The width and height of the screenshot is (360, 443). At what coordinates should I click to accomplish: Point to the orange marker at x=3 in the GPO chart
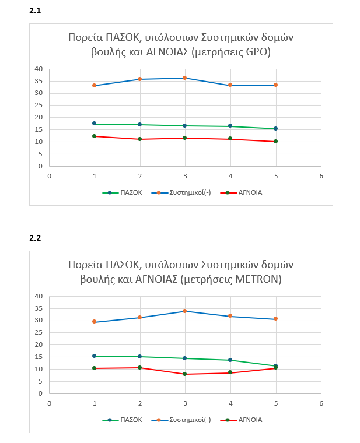tap(185, 78)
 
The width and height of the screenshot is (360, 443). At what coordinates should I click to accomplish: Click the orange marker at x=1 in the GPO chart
tap(95, 86)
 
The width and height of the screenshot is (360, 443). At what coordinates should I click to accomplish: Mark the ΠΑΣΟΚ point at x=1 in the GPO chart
tap(95, 124)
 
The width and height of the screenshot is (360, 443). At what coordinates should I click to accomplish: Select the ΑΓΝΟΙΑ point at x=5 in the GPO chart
tap(275, 142)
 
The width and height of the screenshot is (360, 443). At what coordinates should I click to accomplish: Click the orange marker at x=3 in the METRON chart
tap(185, 311)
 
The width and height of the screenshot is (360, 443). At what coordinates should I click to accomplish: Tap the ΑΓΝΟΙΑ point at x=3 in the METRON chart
tap(185, 374)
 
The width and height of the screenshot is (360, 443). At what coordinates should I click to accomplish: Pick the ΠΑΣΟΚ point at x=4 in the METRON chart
tap(230, 360)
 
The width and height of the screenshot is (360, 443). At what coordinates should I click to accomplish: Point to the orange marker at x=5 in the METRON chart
tap(275, 319)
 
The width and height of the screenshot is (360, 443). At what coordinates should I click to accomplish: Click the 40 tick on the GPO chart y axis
tap(39, 69)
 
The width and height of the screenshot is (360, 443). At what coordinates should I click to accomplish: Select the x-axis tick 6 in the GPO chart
tap(320, 175)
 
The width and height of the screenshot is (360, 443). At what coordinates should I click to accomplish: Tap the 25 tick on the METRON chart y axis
tap(39, 333)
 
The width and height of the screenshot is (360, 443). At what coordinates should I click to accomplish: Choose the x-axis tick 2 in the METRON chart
tap(139, 403)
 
